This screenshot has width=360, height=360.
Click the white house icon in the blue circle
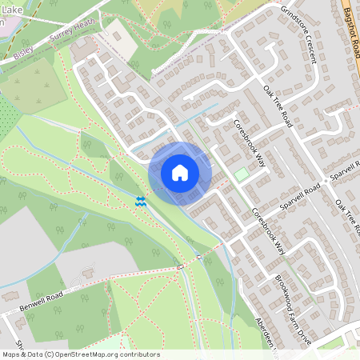[x=180, y=172]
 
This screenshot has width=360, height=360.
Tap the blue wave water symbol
[x=142, y=201]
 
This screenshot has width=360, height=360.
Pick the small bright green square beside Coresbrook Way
[x=241, y=174]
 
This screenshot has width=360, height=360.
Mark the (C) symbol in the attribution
[x=50, y=354]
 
